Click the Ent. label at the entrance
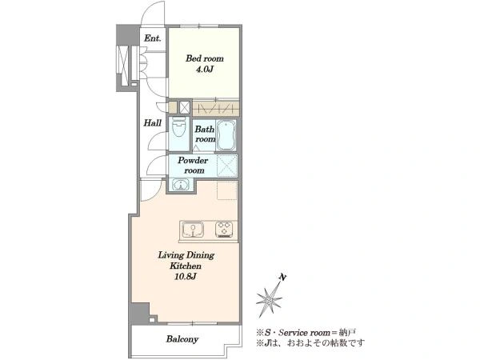coord(153,38)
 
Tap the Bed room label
coord(205,58)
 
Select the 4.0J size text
coord(205,69)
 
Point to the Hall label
coord(153,123)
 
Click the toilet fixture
coord(178,128)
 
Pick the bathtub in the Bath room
coord(226,134)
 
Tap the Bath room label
coord(205,134)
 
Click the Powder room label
coord(193,166)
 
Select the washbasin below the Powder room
coord(181,185)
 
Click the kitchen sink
coord(193,230)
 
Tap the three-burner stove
coord(225,230)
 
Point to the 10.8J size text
coord(186,277)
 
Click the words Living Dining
coord(186,255)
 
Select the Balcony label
coord(182,339)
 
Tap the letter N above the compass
coord(283,278)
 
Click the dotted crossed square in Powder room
coord(227,166)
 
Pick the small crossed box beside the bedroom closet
coord(184,107)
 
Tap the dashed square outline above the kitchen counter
coord(227,190)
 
